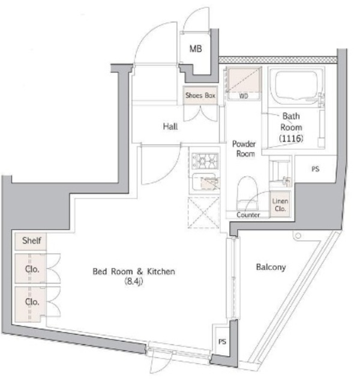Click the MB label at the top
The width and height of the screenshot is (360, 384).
196,49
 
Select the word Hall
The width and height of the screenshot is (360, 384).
170,127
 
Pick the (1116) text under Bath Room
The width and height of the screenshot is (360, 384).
290,139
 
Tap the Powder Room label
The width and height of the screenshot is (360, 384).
244,149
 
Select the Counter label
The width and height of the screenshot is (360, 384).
248,214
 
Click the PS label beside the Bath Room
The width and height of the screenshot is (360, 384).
315,169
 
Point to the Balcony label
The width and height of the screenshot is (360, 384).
270,267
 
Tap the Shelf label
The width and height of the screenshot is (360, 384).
31,241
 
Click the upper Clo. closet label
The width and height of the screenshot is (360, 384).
31,269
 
